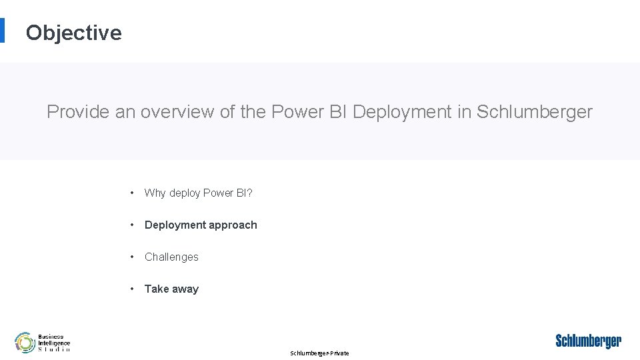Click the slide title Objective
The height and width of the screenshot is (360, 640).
click(x=73, y=33)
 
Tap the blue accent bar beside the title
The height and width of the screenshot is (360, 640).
click(x=2, y=30)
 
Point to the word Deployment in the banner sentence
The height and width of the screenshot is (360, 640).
click(x=402, y=112)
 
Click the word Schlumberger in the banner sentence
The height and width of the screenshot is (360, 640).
click(x=535, y=112)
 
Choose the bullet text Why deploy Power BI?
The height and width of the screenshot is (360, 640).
click(x=198, y=193)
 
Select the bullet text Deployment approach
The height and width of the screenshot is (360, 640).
click(x=201, y=225)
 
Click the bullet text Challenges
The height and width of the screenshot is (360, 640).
click(x=171, y=257)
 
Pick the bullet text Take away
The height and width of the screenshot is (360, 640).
click(x=171, y=289)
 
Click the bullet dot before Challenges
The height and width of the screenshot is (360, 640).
click(x=133, y=257)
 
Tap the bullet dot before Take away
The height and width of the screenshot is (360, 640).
click(x=133, y=289)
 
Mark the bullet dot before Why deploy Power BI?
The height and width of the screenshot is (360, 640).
click(x=133, y=193)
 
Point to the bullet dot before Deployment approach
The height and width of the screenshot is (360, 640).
click(x=133, y=225)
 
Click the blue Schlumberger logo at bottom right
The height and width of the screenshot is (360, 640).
click(x=588, y=341)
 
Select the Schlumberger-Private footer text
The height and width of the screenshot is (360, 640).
click(x=319, y=353)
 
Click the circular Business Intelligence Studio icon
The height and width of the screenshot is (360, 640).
click(x=25, y=343)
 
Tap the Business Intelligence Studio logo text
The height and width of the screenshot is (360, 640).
click(x=54, y=343)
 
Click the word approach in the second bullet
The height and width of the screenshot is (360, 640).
click(x=233, y=225)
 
